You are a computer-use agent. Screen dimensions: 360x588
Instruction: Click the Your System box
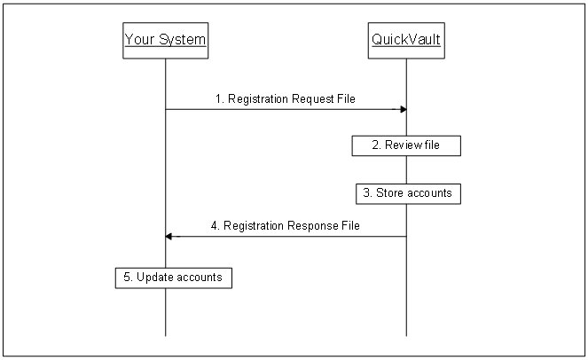tap(166, 40)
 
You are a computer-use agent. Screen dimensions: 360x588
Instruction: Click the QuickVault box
tap(406, 40)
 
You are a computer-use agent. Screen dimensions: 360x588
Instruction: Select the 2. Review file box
tap(406, 145)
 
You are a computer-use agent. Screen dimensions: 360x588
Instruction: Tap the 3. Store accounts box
tap(406, 192)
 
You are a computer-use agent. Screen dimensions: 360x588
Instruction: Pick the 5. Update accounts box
tap(174, 278)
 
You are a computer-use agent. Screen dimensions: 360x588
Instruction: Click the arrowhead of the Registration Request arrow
tap(403, 109)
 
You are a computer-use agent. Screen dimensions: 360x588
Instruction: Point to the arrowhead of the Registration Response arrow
tap(169, 236)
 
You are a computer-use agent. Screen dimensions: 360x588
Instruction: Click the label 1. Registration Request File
tap(285, 99)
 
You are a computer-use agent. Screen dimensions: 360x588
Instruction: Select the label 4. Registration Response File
tap(285, 226)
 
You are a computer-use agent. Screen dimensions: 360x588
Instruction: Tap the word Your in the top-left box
tap(140, 40)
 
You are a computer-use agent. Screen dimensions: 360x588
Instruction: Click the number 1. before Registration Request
tap(219, 99)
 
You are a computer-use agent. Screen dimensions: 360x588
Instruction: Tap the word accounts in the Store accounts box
tap(428, 192)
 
